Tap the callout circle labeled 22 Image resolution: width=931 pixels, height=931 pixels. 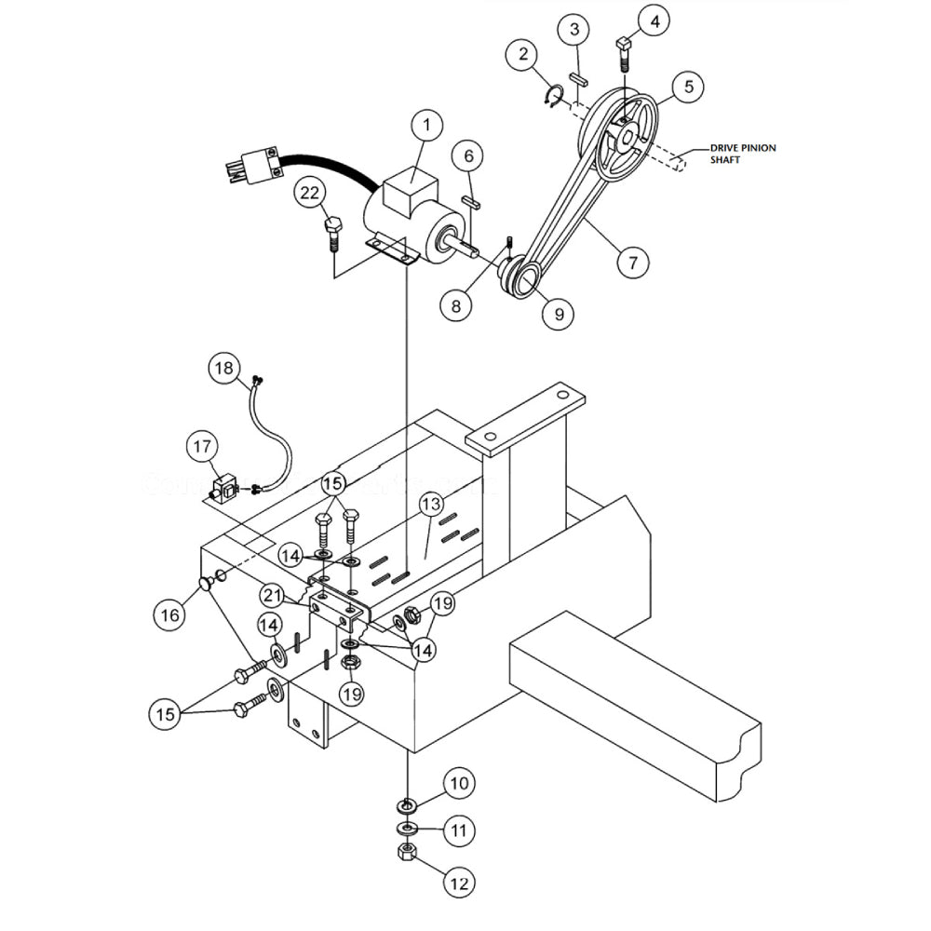coord(311,194)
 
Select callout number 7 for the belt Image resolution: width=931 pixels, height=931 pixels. coord(633,263)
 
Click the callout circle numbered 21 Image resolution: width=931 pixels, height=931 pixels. coord(272,595)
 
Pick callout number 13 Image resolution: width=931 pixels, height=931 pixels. coord(429,506)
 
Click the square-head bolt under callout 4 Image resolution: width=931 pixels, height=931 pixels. coord(625,53)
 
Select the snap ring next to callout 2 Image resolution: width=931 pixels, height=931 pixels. coord(552,95)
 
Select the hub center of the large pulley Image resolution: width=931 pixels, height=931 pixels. coord(627,139)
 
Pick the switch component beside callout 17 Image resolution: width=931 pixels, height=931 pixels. coord(224,488)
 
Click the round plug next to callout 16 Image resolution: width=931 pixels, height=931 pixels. coord(203,583)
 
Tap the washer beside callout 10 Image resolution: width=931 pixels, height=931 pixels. coord(407,803)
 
